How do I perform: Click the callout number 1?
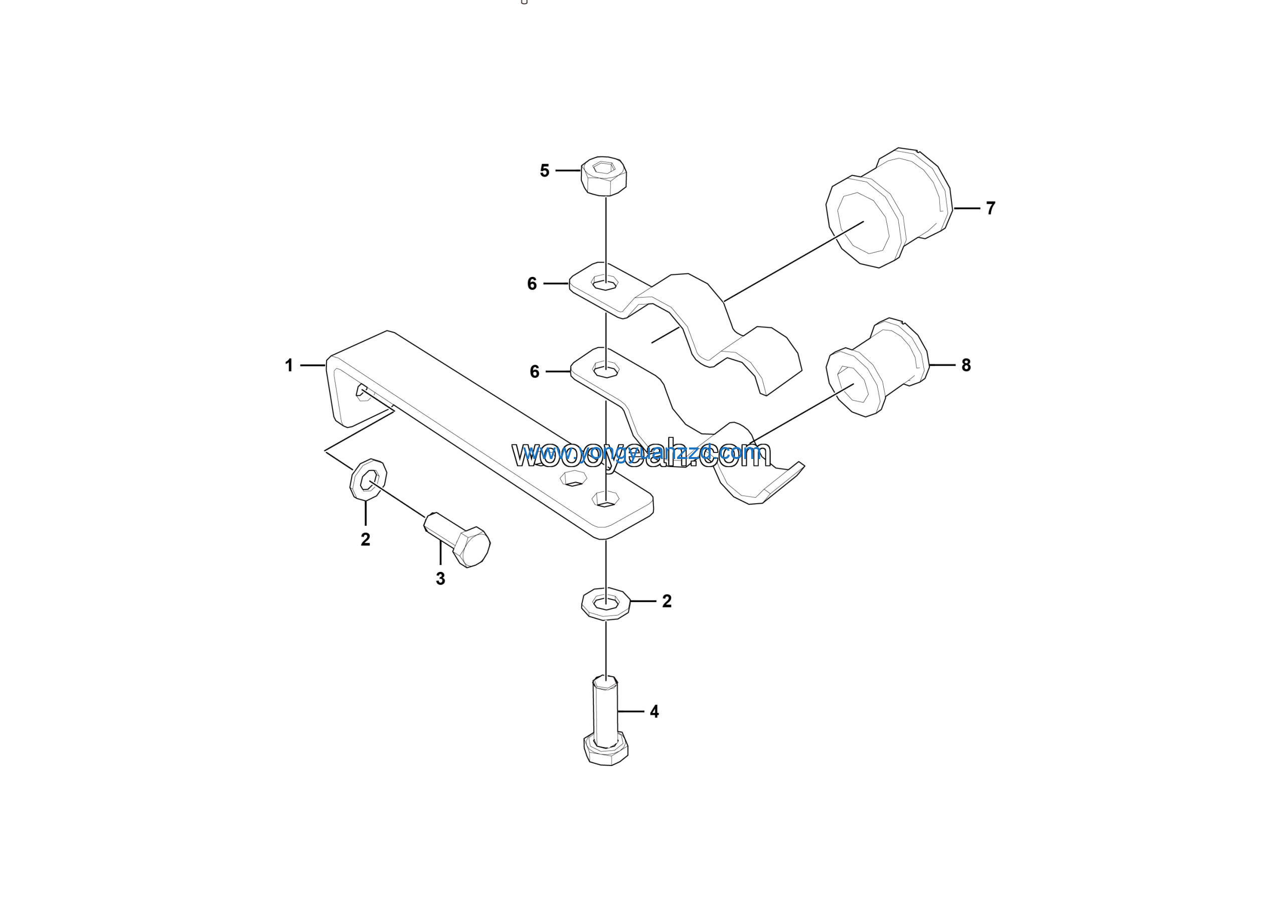pos(289,366)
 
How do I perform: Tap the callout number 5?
pos(544,171)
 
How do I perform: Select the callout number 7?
pos(991,208)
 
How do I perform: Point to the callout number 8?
pos(966,365)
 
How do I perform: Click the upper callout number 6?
pos(532,284)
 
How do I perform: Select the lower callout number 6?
pos(534,372)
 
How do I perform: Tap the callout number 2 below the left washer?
pos(365,540)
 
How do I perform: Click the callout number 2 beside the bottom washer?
pos(667,601)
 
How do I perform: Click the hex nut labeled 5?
pos(604,176)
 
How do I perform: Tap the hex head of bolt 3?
pos(471,546)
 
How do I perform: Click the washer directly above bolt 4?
pos(606,603)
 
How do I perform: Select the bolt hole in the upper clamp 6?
pos(605,282)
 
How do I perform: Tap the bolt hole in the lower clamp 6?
pos(606,370)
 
